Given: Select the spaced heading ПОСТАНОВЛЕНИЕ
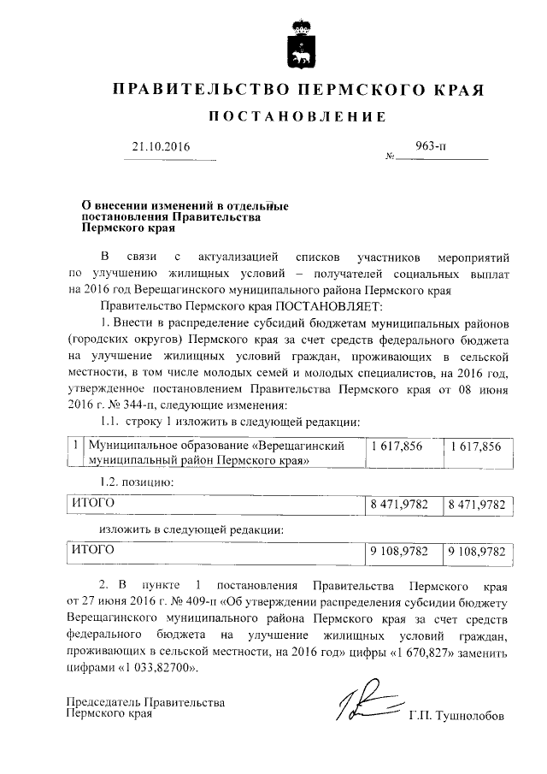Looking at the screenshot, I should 275,116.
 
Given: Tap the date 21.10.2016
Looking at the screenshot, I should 160,147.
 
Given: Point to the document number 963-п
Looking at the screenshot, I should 430,146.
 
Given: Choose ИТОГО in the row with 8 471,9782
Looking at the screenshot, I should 92,505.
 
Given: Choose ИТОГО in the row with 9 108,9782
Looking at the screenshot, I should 92,552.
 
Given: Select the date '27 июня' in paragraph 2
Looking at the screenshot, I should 108,604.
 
